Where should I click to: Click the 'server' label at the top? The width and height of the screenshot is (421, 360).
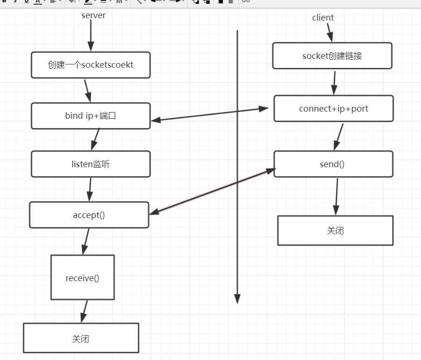[x=93, y=15]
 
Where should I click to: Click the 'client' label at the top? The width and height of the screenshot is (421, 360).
[x=323, y=18]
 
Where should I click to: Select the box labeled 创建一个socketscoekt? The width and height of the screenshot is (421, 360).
[x=91, y=65]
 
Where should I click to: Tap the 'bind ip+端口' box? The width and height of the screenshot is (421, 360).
[x=91, y=116]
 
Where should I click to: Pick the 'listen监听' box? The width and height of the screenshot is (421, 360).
[x=91, y=164]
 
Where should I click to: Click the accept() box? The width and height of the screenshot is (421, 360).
[x=89, y=215]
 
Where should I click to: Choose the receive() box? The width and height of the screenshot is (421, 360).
[x=83, y=277]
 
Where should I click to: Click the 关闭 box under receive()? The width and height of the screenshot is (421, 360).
[x=81, y=338]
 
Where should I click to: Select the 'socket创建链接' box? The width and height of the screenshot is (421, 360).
[x=332, y=56]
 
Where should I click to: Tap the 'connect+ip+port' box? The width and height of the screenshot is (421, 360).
[x=334, y=108]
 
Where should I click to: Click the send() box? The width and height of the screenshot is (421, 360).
[x=333, y=164]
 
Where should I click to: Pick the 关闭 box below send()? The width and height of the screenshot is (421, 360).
[x=335, y=230]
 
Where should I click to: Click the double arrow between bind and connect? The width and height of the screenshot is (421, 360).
[x=210, y=114]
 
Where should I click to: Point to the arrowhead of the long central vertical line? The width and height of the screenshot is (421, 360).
[x=237, y=299]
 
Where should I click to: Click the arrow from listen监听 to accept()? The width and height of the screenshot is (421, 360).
[x=90, y=189]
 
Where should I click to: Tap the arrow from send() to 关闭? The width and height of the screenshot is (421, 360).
[x=336, y=196]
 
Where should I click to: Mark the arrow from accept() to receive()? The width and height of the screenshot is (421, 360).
[x=85, y=241]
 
